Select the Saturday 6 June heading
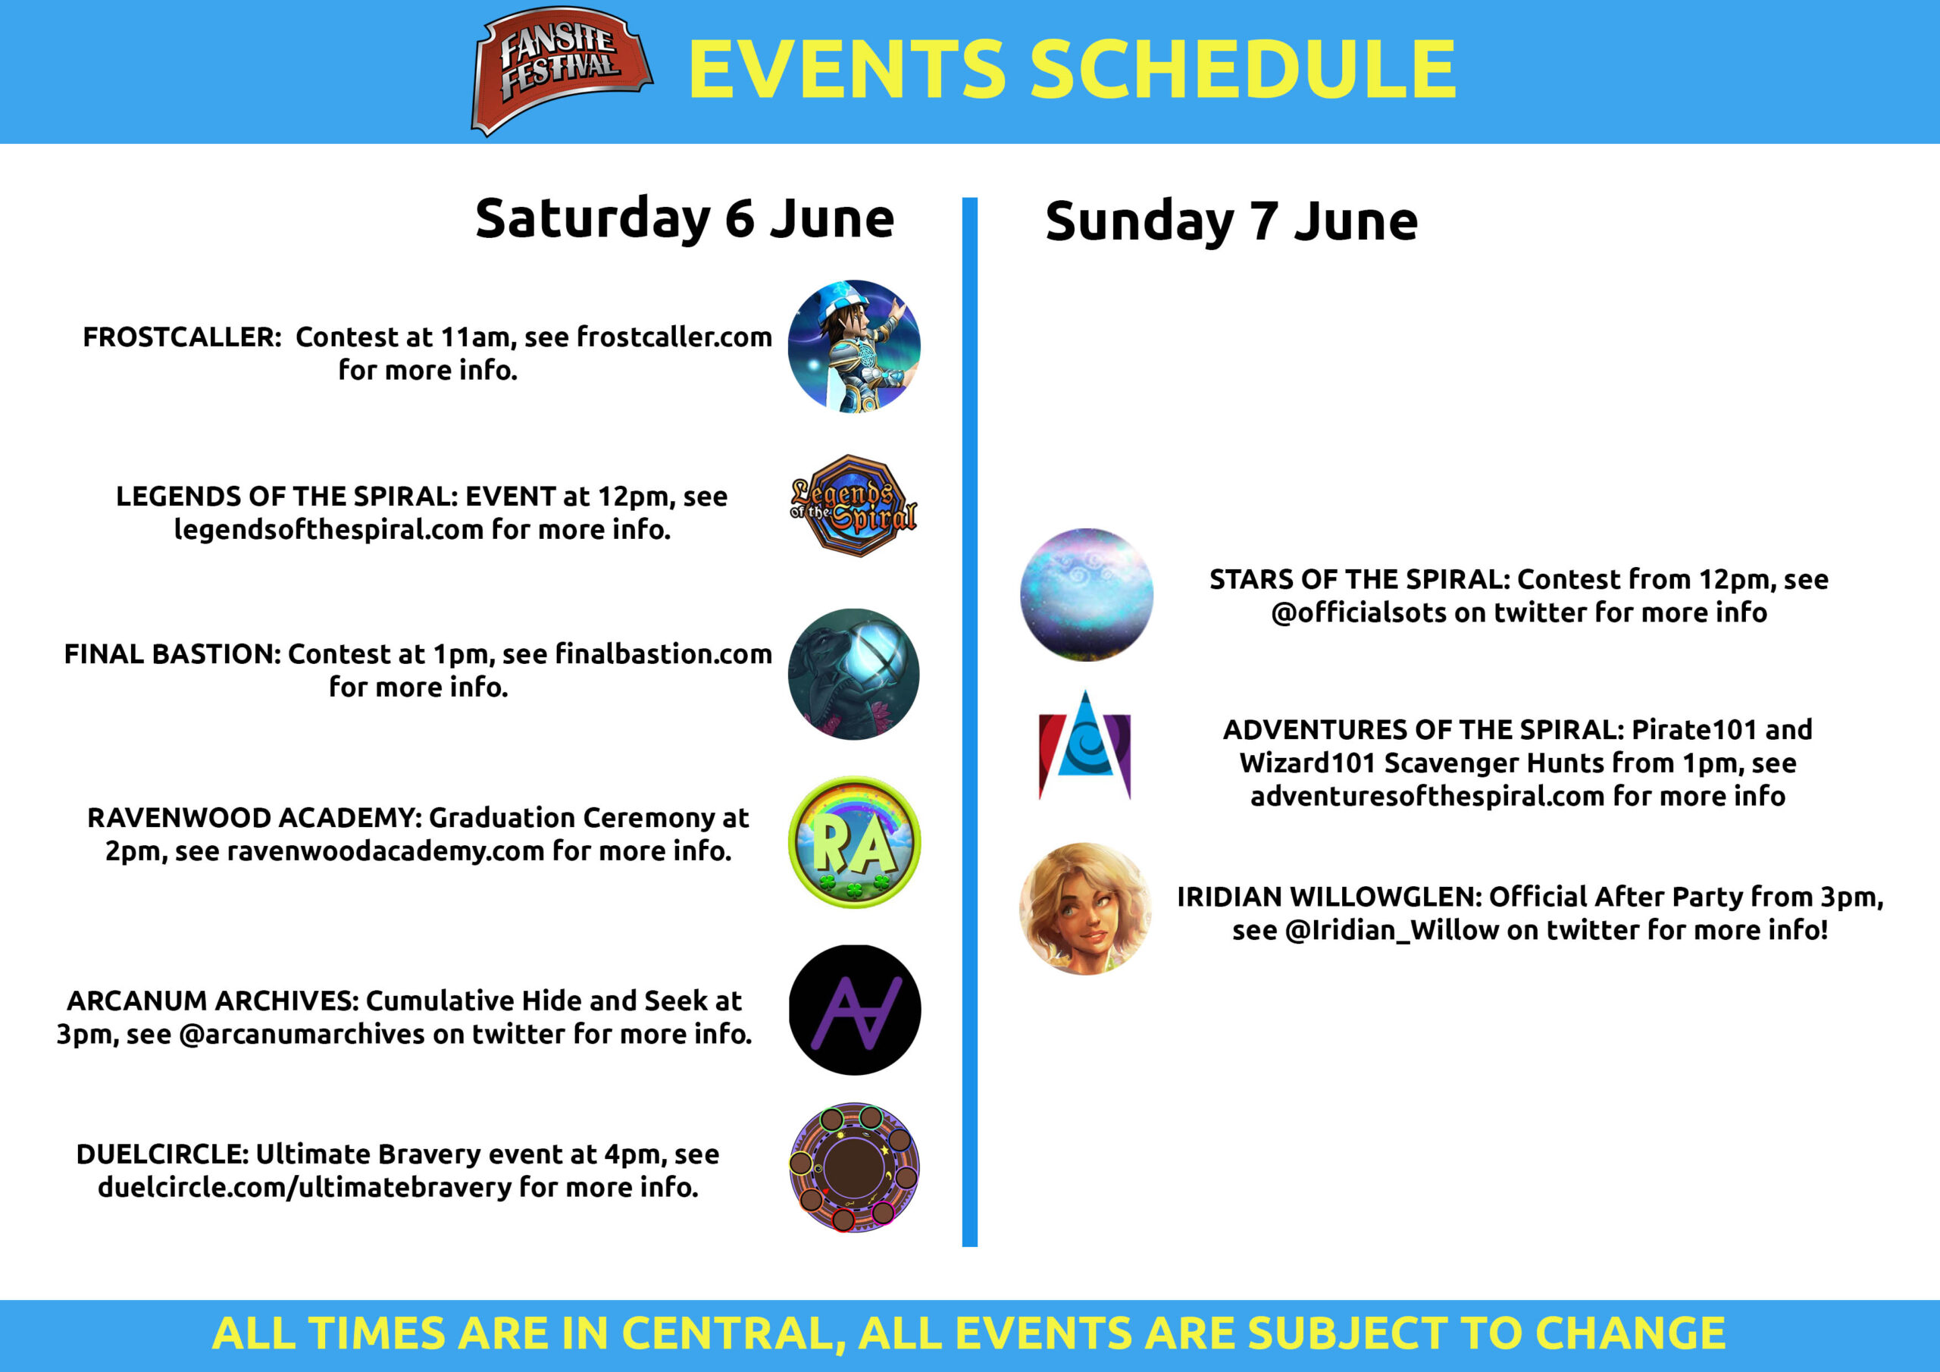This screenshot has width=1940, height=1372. pyautogui.click(x=684, y=219)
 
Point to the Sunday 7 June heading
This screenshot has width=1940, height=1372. pyautogui.click(x=1231, y=221)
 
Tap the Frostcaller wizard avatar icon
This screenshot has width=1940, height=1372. pyautogui.click(x=854, y=346)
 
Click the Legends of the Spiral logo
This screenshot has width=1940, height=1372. pyautogui.click(x=854, y=506)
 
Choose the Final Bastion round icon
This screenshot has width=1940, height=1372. pyautogui.click(x=853, y=674)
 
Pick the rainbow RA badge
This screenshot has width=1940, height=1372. pyautogui.click(x=854, y=842)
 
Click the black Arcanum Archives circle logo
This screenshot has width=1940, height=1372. pyautogui.click(x=854, y=1010)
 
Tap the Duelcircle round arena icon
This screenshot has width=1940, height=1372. pyautogui.click(x=854, y=1167)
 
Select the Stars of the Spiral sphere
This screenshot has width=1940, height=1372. pyautogui.click(x=1087, y=594)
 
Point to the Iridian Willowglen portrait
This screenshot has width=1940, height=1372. pyautogui.click(x=1087, y=909)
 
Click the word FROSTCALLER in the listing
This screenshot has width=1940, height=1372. pyautogui.click(x=182, y=337)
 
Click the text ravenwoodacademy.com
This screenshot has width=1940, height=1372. pyautogui.click(x=385, y=851)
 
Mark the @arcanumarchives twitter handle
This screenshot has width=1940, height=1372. pyautogui.click(x=302, y=1035)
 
